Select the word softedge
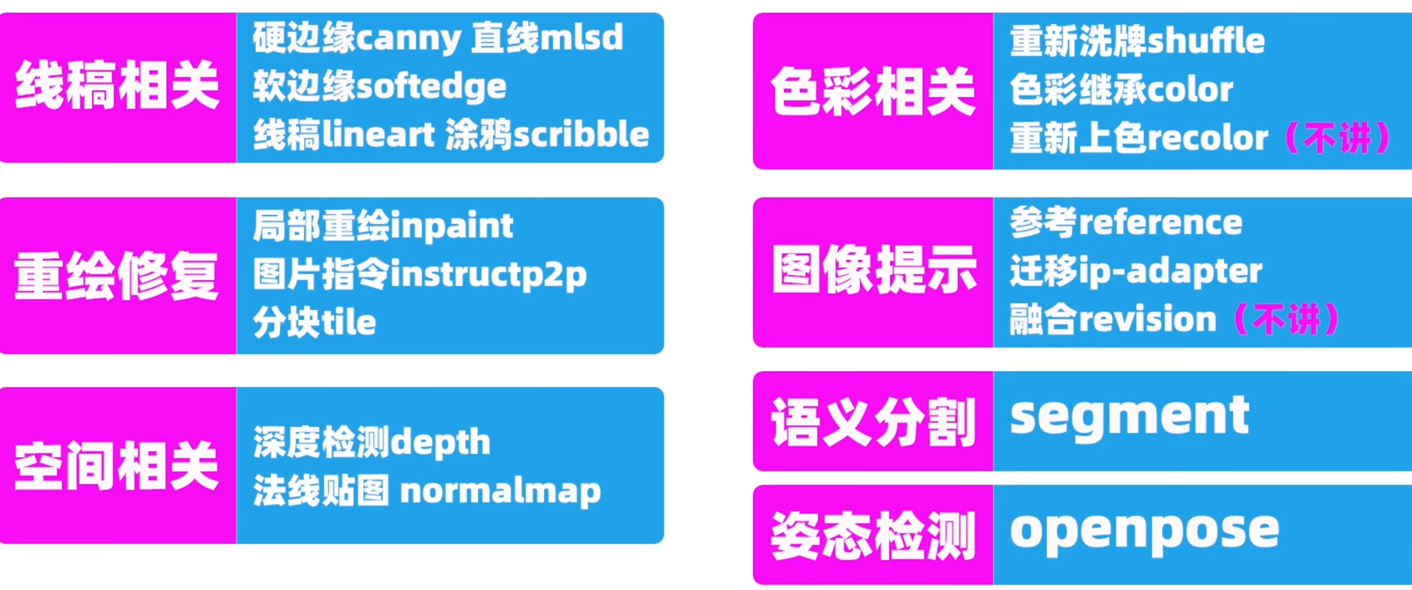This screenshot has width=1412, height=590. pos(431,87)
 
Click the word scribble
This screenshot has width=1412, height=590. pos(581,135)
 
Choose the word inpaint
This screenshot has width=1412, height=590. pos(452,226)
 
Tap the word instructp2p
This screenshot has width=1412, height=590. pos(489,275)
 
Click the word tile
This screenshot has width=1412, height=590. pos(349,323)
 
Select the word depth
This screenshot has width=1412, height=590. pos(440,442)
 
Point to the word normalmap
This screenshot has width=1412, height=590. pos(500,491)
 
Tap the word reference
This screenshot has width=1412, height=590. pos(1161,222)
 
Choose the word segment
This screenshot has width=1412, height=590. pos(1130,415)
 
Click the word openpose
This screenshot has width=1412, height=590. pos(1145,530)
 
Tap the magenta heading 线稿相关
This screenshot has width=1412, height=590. pos(118,87)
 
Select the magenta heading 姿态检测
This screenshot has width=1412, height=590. pos(873,536)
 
